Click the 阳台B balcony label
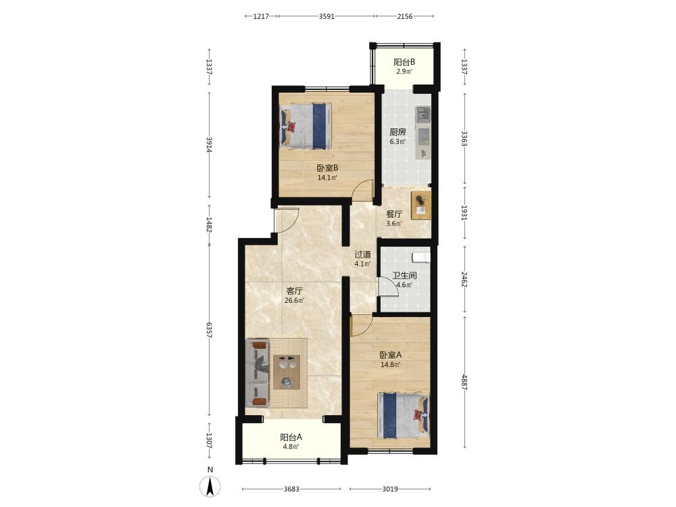tap(404, 62)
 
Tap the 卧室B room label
tap(327, 168)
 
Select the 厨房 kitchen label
tap(397, 132)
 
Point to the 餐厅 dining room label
tap(394, 214)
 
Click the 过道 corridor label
tap(362, 254)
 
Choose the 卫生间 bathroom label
tap(404, 276)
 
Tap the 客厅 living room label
tap(295, 291)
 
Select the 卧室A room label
tap(391, 355)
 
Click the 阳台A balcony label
tap(291, 437)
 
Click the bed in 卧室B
tap(306, 126)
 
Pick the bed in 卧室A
tap(404, 415)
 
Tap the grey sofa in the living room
tap(258, 373)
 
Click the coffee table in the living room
tap(287, 372)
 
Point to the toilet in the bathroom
tap(421, 258)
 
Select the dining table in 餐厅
tap(420, 206)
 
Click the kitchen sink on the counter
tap(422, 115)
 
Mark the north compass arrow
tap(210, 487)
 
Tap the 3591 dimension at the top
tap(327, 16)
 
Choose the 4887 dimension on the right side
tap(464, 382)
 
